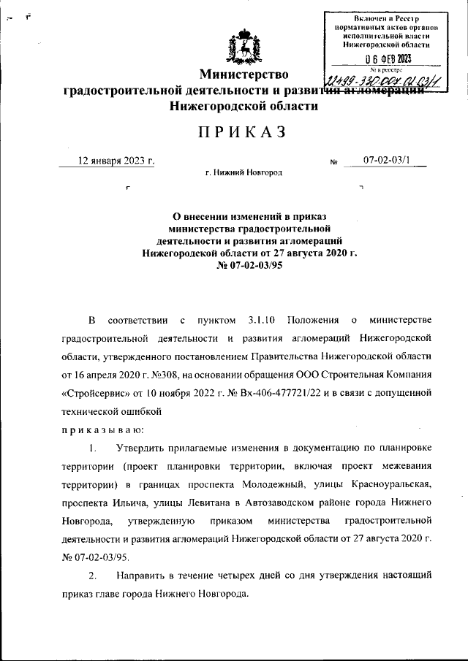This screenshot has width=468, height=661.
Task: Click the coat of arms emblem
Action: coord(241,47)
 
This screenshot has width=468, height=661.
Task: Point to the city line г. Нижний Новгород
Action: coord(244,173)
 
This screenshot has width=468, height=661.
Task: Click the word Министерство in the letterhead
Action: coord(246,74)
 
